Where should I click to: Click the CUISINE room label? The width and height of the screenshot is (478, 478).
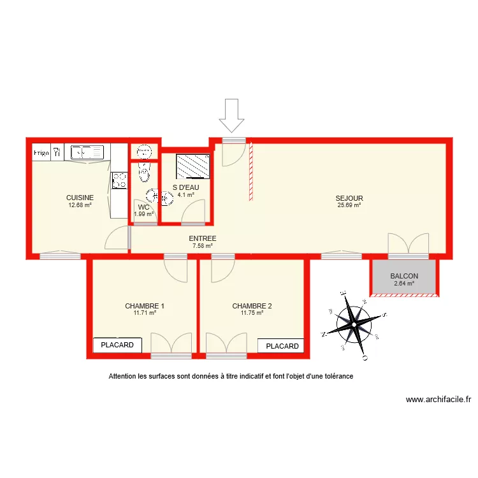[80, 198]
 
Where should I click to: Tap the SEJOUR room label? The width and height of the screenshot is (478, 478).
[349, 198]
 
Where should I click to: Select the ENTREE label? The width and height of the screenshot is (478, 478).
[203, 238]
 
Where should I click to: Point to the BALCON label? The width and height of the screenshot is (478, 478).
[404, 276]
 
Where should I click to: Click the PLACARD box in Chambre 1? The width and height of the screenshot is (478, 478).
[118, 345]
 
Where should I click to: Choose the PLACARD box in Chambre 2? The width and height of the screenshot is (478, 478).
[282, 346]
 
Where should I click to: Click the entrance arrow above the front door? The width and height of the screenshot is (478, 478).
[232, 117]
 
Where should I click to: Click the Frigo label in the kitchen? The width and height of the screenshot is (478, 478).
[41, 152]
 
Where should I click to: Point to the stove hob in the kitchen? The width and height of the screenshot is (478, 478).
[119, 181]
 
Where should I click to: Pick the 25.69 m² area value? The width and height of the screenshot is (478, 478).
[349, 205]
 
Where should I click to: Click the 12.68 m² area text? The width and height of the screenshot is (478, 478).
[80, 205]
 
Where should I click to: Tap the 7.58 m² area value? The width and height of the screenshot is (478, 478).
[203, 245]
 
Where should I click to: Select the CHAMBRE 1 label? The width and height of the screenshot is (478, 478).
[145, 306]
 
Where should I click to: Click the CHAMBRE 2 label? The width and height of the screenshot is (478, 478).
[252, 306]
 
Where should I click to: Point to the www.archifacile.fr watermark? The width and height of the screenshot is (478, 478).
[438, 400]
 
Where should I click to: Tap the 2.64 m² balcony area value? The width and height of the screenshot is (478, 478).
[404, 284]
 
